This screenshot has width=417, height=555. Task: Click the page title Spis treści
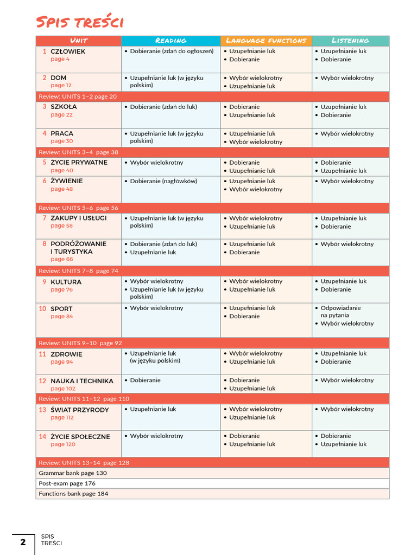[79, 22]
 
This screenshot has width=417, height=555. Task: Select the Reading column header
[170, 41]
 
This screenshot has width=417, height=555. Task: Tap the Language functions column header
[266, 41]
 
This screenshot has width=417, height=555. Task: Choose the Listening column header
[350, 41]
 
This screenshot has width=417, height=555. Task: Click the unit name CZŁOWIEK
[68, 51]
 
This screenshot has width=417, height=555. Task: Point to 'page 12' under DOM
[61, 86]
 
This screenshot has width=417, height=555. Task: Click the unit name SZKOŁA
[64, 107]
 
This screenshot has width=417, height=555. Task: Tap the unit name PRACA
[62, 133]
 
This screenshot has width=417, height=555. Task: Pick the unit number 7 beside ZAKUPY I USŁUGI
[45, 218]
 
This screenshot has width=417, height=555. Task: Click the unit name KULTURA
[66, 282]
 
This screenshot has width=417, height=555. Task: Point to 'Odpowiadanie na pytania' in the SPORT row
[340, 312]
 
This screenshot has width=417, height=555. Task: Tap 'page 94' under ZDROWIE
[61, 362]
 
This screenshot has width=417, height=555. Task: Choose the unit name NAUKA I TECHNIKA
[82, 381]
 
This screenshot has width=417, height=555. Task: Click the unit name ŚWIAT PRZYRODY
[80, 410]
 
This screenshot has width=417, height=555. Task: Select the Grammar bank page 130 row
[73, 473]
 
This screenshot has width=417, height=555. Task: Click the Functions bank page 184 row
[73, 494]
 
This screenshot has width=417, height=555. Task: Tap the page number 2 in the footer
[23, 543]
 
